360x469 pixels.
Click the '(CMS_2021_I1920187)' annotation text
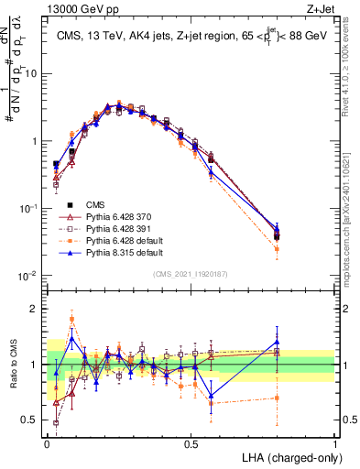click(x=191, y=272)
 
